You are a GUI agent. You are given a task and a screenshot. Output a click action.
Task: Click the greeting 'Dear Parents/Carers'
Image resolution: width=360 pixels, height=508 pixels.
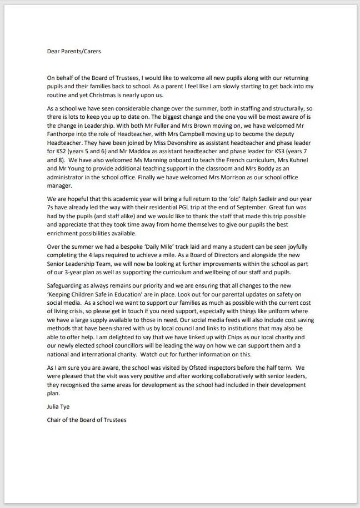(73, 52)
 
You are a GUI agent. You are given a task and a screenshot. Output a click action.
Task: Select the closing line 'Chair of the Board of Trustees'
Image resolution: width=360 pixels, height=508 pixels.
(87, 420)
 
